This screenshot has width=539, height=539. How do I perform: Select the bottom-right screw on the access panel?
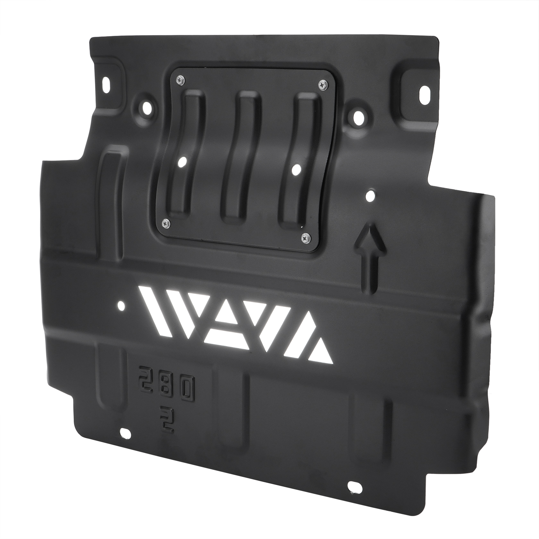pyautogui.click(x=305, y=237)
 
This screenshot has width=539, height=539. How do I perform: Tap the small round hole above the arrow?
pyautogui.click(x=371, y=195)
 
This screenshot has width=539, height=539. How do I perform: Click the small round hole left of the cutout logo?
pyautogui.click(x=121, y=306)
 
